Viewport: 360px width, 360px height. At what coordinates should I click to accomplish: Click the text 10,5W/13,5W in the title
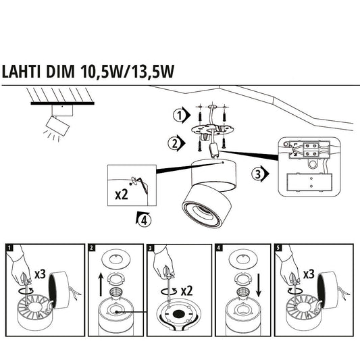click(128, 73)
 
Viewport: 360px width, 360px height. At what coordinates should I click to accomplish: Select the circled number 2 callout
click(177, 143)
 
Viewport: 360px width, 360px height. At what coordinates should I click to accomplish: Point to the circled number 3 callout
click(257, 175)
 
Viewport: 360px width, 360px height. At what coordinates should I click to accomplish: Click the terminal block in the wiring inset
click(304, 149)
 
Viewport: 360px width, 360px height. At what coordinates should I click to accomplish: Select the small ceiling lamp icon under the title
click(57, 122)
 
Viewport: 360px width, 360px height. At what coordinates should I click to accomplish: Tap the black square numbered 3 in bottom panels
click(150, 248)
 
